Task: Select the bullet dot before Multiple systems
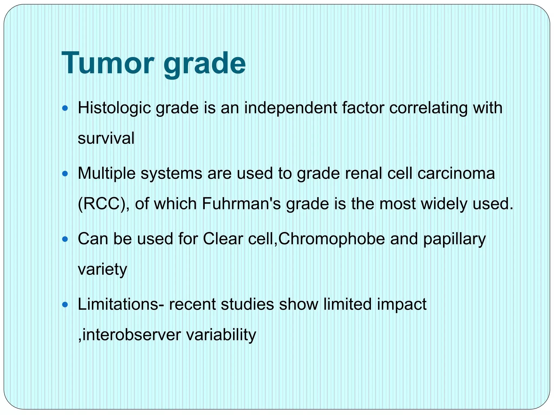[65, 173]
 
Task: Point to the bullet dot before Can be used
[65, 239]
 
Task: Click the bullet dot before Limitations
[65, 305]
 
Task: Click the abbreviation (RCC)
[104, 204]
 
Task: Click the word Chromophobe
[332, 239]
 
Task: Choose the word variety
[102, 270]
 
